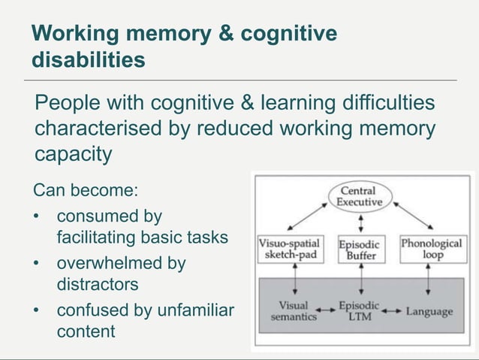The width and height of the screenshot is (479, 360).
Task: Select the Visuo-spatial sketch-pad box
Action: tap(290, 249)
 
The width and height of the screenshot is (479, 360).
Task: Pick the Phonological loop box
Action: tap(431, 249)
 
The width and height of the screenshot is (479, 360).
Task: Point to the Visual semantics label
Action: tap(294, 311)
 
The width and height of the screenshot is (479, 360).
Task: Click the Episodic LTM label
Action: tap(359, 311)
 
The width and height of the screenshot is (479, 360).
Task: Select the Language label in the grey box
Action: tap(429, 312)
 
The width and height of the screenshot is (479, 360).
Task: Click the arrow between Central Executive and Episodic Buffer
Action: tap(361, 222)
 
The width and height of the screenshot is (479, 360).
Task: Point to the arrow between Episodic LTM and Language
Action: tap(393, 311)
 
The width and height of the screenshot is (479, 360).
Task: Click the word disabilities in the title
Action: tap(89, 59)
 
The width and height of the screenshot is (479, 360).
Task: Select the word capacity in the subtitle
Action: tap(74, 154)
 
